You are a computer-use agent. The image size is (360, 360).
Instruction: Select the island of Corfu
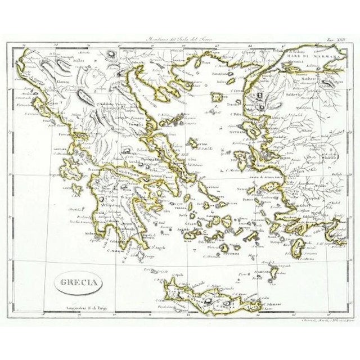[x=39, y=105]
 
